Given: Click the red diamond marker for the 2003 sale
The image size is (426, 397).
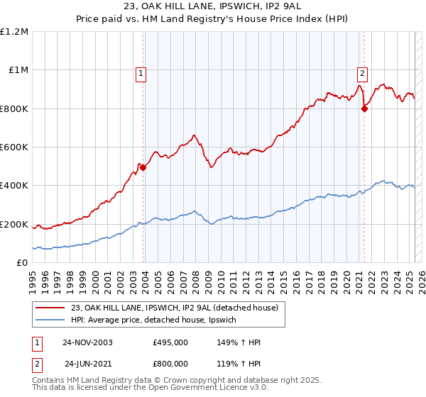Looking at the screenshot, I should [x=143, y=167].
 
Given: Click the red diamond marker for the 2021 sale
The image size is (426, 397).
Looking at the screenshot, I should [x=364, y=108].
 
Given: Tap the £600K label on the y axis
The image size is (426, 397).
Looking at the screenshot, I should [x=14, y=147].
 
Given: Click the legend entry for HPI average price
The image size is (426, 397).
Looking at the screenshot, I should [x=158, y=320].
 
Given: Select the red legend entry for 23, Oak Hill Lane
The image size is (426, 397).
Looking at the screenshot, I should [x=177, y=308].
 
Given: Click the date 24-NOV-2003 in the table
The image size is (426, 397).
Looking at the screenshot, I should [x=87, y=342].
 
